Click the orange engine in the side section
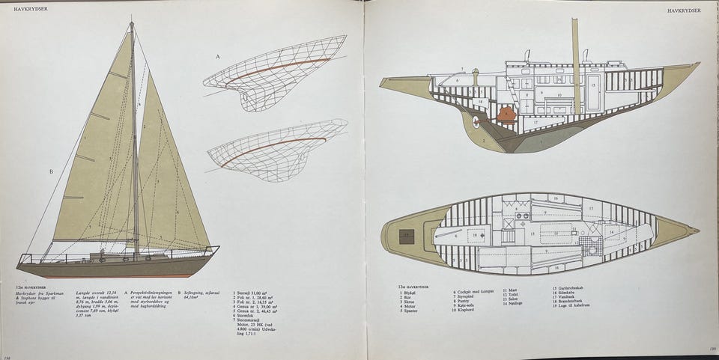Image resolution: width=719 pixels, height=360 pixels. (x=506, y=115)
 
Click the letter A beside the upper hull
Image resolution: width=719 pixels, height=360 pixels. (x=218, y=57)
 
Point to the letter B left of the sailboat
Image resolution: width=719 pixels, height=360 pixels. (x=51, y=171)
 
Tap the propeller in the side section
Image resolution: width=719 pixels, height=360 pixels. (x=476, y=120)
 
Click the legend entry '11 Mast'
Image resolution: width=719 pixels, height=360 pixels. (x=511, y=289)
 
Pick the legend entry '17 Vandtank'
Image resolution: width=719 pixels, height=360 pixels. (x=564, y=297)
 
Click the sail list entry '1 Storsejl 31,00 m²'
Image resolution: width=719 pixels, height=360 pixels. (x=255, y=293)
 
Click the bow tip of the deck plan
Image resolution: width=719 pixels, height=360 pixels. (x=697, y=230)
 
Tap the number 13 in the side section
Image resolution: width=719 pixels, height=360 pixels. (x=592, y=85)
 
